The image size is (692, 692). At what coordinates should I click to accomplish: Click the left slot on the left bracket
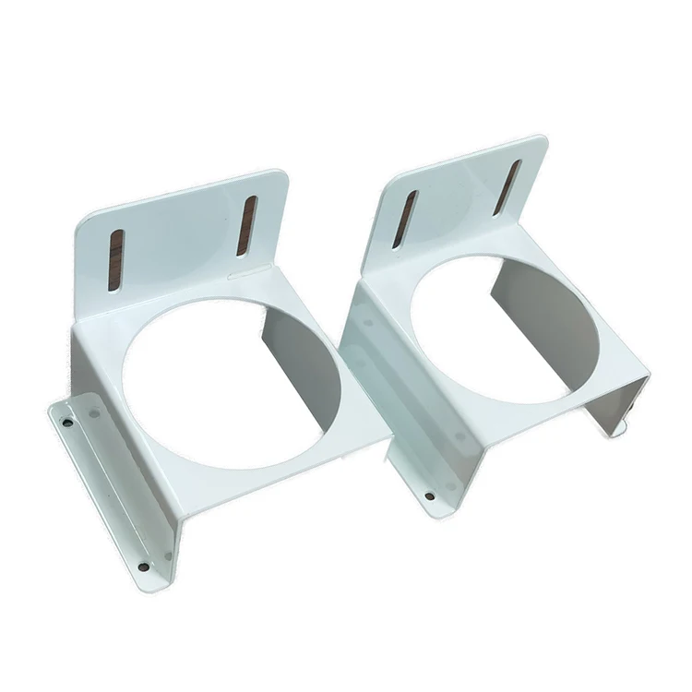[x=114, y=260]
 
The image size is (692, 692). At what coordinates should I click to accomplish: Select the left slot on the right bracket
[x=404, y=220]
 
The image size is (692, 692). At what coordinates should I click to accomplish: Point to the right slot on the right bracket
[x=507, y=187]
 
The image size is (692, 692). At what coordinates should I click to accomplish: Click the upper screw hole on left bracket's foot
[x=67, y=423]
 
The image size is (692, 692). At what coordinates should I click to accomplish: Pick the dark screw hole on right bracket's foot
[x=429, y=496]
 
